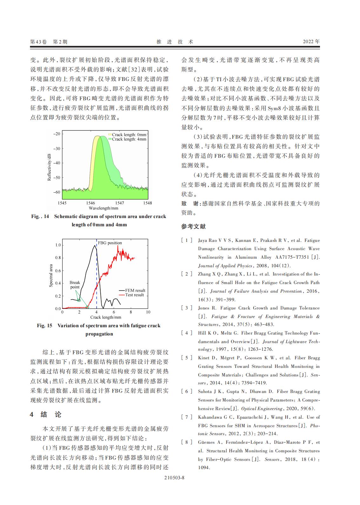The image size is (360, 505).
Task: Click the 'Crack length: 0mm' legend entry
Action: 129,135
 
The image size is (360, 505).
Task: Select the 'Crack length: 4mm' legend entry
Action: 129,139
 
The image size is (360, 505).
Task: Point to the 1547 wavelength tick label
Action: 120,203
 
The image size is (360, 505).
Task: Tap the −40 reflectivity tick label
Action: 56,163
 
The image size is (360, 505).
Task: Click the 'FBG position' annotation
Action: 110,243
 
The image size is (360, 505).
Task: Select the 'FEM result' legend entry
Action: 135,290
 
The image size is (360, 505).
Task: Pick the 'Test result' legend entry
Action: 134,295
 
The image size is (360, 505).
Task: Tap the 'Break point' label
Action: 75,285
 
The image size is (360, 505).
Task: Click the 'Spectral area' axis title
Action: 51,276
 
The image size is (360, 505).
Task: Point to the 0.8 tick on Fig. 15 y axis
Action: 58,258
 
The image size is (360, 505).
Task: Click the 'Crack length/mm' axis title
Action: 106,317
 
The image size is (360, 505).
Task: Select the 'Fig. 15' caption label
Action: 44,326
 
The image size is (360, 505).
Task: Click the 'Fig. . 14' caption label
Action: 40,216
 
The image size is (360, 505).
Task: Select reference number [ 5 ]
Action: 187,358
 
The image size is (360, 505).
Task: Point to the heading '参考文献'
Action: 193,227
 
